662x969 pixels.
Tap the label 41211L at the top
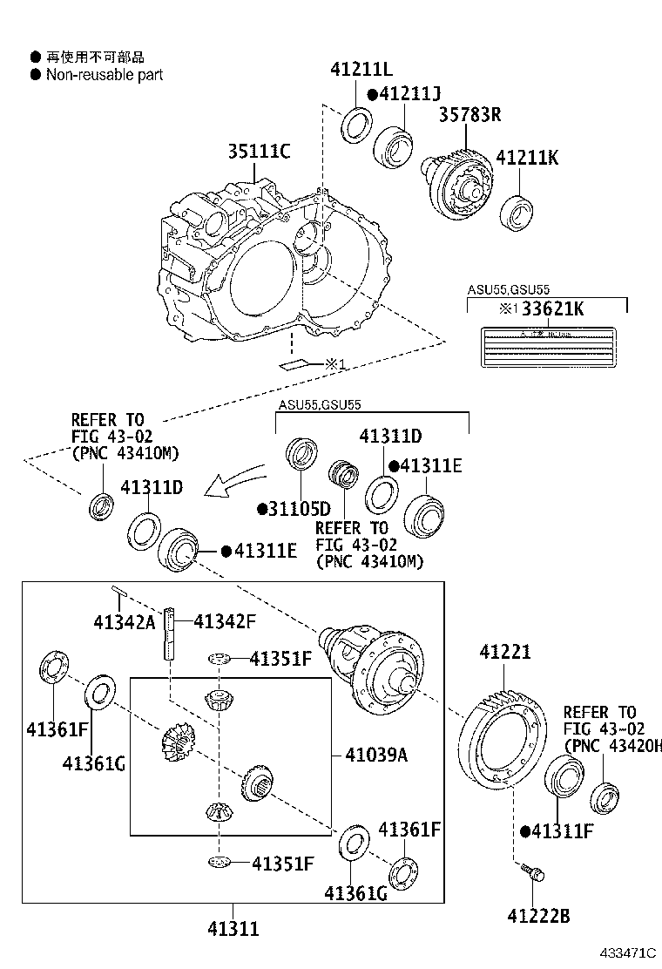point(361,70)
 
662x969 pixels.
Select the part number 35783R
point(469,114)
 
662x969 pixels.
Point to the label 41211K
point(528,158)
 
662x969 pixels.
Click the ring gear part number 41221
point(504,652)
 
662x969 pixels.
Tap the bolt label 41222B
point(538,915)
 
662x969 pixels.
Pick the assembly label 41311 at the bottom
point(233,929)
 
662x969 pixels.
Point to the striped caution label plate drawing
point(545,349)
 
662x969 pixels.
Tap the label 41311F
point(562,831)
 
